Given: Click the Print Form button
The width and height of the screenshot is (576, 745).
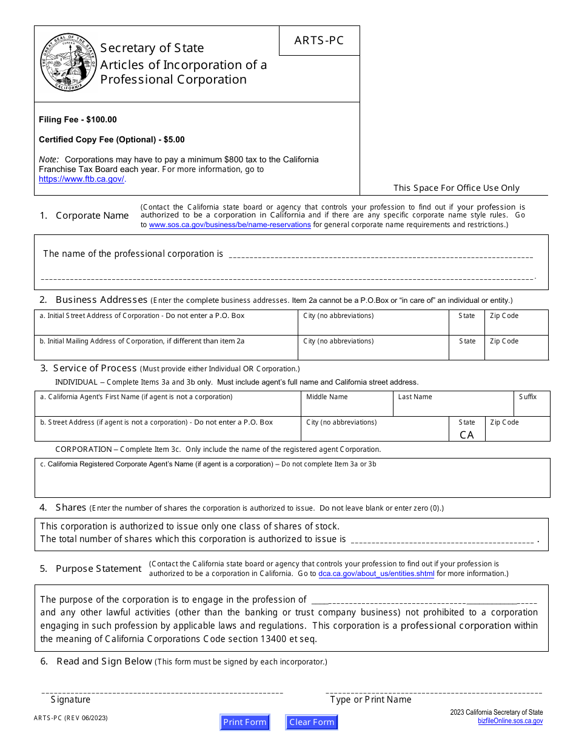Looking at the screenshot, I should [244, 722].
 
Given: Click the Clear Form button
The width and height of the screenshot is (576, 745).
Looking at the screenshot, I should [312, 722].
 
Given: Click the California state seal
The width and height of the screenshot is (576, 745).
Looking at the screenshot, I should [68, 63].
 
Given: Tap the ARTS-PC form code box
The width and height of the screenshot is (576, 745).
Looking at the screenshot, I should [319, 41].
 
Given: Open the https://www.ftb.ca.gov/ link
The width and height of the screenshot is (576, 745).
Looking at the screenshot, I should [81, 179].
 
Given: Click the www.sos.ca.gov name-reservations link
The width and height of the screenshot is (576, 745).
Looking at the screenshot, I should [230, 225].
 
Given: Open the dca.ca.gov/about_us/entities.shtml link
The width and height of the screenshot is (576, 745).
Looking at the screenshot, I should [376, 574].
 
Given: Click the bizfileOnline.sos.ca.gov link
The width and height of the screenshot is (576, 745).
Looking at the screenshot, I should [510, 721].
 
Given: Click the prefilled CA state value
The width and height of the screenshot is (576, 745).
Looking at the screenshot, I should [467, 435].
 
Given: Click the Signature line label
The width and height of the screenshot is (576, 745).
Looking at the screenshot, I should [70, 700].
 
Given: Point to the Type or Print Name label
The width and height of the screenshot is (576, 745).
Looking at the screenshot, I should [370, 700].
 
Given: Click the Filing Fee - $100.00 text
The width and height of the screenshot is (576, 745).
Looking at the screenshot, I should [78, 120].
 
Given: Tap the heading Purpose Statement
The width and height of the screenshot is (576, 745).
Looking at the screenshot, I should [98, 569].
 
